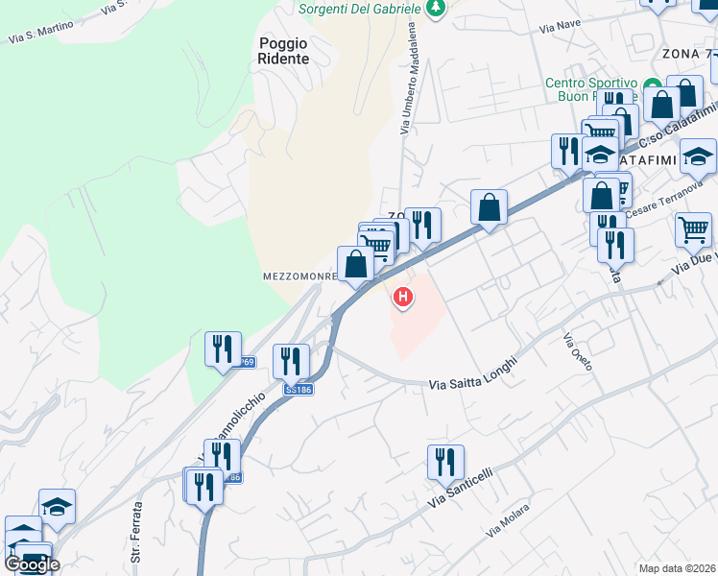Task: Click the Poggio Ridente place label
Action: [x=284, y=50]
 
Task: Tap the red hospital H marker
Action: [x=403, y=299]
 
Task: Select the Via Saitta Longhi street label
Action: [x=472, y=373]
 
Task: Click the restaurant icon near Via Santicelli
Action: [x=445, y=463]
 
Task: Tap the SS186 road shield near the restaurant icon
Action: [x=298, y=389]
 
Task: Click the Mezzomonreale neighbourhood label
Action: [x=299, y=276]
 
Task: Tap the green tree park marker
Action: [x=437, y=8]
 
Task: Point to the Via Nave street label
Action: [x=561, y=26]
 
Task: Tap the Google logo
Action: [x=32, y=564]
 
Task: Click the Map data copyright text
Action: [x=678, y=568]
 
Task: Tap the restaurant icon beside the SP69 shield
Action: [x=223, y=348]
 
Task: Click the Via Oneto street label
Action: [x=577, y=353]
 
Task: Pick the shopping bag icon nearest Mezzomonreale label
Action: [x=355, y=264]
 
